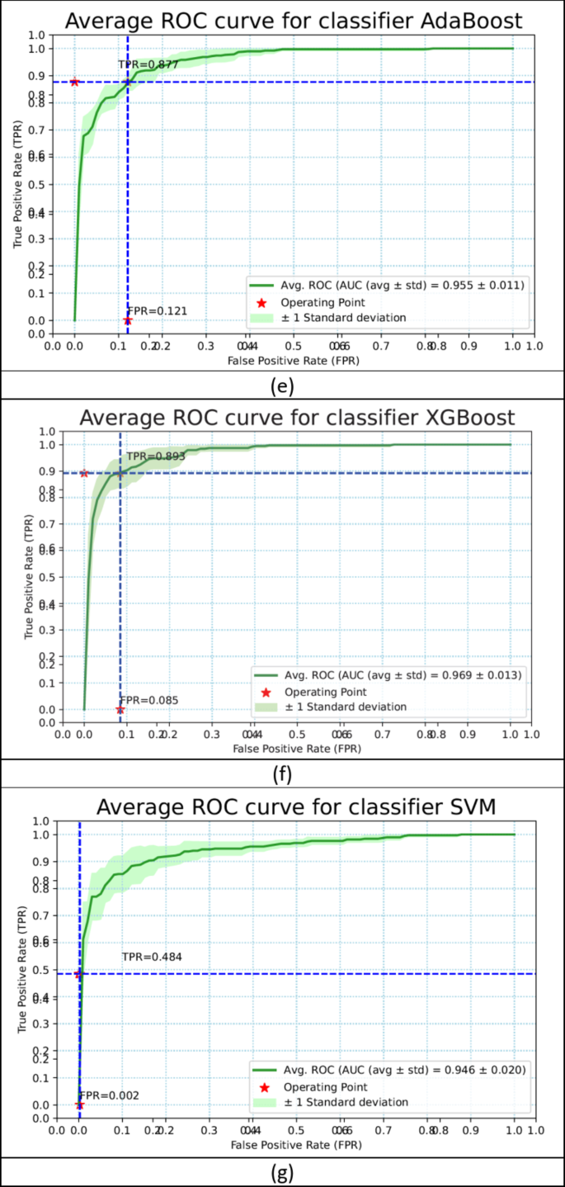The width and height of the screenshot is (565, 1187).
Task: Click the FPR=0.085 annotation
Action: pyautogui.click(x=150, y=700)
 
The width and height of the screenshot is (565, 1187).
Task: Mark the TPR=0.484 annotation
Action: pyautogui.click(x=152, y=957)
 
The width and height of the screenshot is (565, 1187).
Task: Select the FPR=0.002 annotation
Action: pyautogui.click(x=109, y=1095)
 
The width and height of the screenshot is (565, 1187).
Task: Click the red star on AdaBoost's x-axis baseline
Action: pyautogui.click(x=127, y=320)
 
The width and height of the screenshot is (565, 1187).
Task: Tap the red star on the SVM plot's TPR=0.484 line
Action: pyautogui.click(x=79, y=974)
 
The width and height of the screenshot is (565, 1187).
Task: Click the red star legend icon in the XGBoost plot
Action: pyautogui.click(x=265, y=692)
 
